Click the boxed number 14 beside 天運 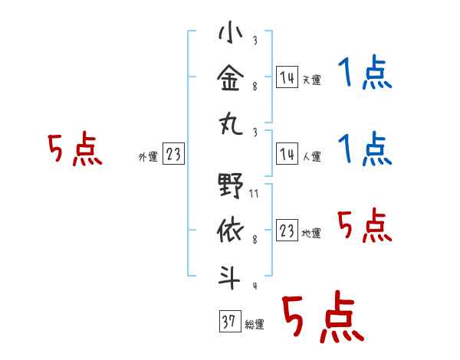(287, 77)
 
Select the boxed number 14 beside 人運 (287, 154)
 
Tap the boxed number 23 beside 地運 (287, 231)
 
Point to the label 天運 (311, 80)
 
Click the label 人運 (311, 157)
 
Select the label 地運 (311, 234)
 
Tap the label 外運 (147, 157)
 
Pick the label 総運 (254, 324)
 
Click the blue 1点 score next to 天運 (365, 74)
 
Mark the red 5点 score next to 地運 (365, 227)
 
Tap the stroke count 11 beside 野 (254, 195)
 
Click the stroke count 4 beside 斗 (254, 286)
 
